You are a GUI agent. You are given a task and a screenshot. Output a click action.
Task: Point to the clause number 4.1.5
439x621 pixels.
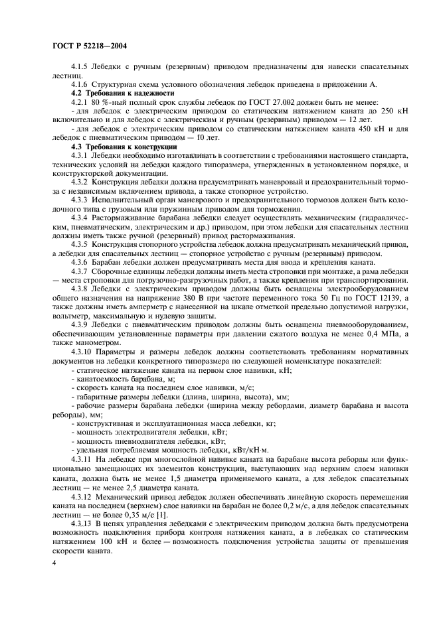point(81,68)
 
